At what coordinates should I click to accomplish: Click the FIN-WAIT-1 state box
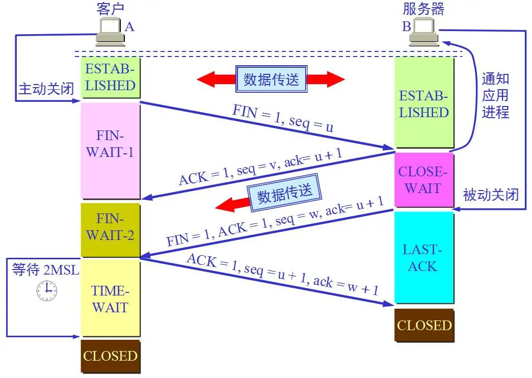(110, 150)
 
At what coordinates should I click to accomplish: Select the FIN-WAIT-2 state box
(110, 230)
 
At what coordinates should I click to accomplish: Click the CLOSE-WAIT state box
(423, 179)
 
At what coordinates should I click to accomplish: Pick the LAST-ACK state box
(423, 257)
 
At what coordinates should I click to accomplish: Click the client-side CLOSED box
(110, 356)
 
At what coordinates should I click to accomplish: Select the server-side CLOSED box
(424, 325)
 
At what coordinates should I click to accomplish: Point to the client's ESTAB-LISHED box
(110, 77)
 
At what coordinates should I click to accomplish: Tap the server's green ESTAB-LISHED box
(423, 103)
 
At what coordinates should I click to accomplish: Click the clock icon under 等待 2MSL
(47, 290)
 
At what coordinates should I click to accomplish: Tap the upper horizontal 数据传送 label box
(272, 79)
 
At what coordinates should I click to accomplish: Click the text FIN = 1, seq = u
(283, 118)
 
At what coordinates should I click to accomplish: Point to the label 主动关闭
(45, 89)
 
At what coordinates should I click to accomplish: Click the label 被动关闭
(491, 195)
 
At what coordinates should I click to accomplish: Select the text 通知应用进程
(495, 95)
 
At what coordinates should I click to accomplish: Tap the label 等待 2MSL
(45, 269)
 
